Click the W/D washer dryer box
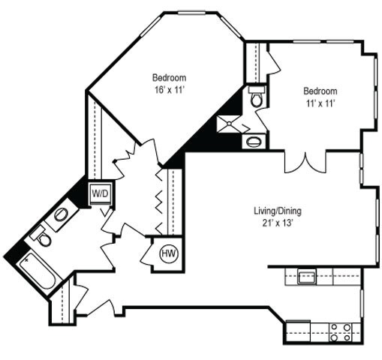[100, 193]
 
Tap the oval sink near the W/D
[61, 216]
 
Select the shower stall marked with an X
[227, 123]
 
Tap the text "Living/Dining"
[277, 211]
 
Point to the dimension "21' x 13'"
[277, 223]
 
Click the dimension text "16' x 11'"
[169, 89]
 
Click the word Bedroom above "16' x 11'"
[169, 77]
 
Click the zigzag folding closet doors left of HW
[160, 199]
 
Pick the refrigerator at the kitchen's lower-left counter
[298, 329]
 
